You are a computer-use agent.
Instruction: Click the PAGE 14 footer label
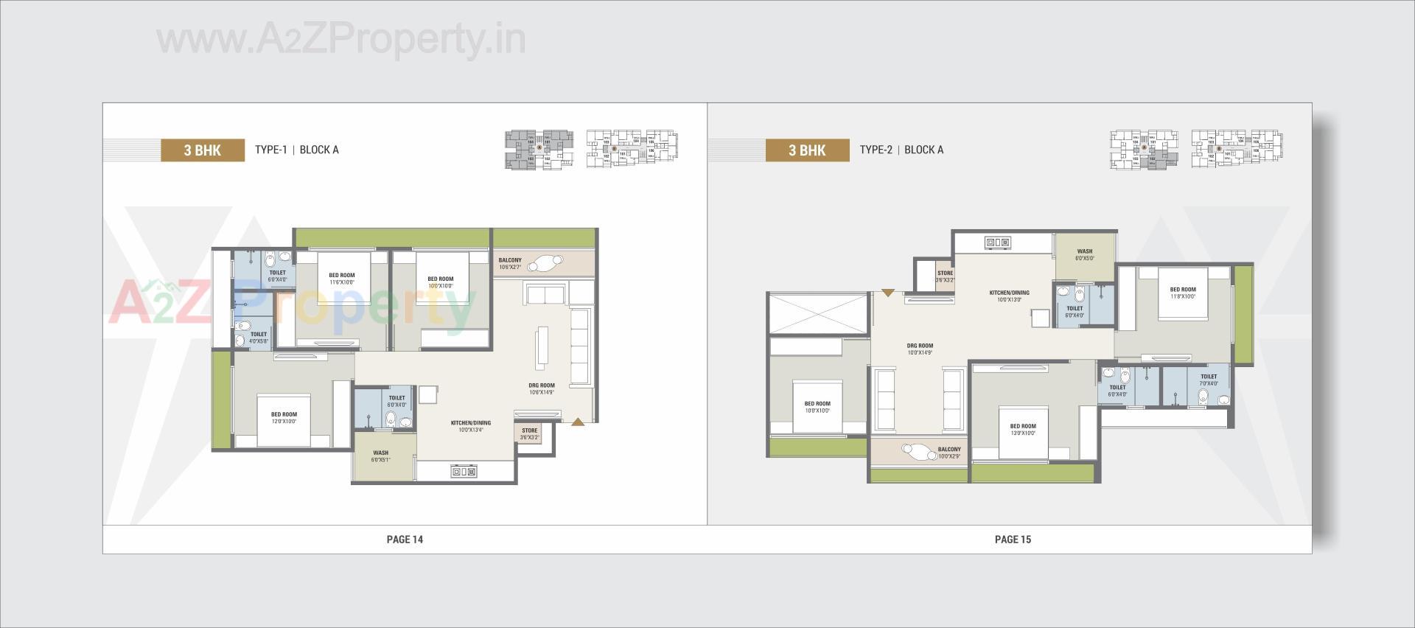click(405, 540)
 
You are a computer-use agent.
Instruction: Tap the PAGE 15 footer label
click(1013, 540)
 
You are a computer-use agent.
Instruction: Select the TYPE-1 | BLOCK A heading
click(296, 150)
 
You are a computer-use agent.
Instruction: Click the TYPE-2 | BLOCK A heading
click(901, 150)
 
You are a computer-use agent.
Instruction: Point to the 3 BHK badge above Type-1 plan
click(203, 150)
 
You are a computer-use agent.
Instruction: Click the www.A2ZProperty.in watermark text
click(341, 39)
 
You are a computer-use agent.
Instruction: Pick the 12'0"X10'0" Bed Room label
click(284, 418)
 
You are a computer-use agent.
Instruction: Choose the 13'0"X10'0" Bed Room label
click(1023, 429)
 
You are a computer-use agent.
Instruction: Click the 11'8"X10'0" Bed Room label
click(1183, 293)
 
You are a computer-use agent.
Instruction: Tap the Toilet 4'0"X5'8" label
click(258, 338)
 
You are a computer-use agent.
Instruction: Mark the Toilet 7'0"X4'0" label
click(1209, 380)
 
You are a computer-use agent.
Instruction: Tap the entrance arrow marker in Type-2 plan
click(888, 293)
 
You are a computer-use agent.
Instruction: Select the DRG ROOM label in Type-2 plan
click(920, 349)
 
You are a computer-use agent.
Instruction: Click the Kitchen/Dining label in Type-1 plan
click(470, 426)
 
